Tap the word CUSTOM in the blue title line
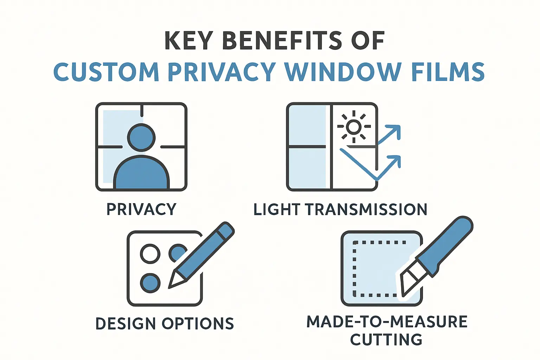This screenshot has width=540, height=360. tap(106, 72)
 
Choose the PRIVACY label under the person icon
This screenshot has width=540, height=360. tap(141, 210)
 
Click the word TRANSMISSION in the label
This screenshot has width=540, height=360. tap(366, 210)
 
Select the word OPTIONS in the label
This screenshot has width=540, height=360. tap(198, 324)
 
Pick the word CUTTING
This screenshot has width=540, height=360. tap(386, 340)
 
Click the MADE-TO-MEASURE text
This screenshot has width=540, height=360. tap(387, 322)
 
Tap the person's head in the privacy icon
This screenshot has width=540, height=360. tap(141, 137)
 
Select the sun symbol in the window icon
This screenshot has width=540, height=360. tap(354, 127)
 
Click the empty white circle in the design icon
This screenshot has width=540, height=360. tap(150, 253)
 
